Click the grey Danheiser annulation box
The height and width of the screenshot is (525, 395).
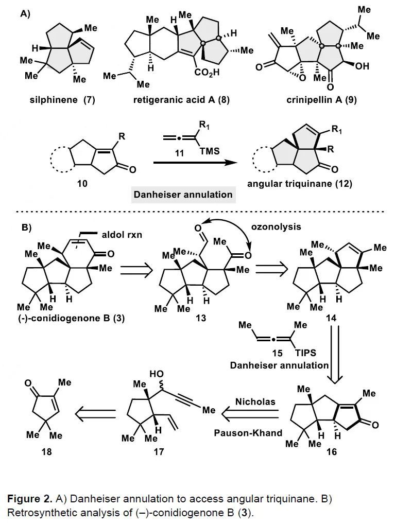tap(183, 195)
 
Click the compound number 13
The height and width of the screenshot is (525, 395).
tap(200, 318)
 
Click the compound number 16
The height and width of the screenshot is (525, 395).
tap(331, 452)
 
